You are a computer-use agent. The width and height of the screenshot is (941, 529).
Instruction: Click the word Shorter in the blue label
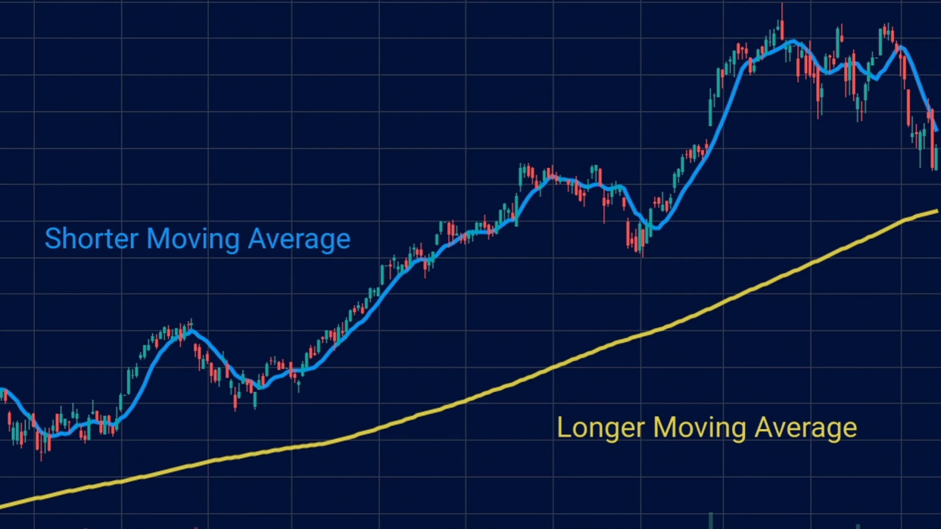point(92,239)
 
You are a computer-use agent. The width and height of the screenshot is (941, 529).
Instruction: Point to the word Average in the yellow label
point(806,428)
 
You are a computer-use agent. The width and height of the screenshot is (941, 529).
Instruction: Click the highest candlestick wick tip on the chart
point(782,5)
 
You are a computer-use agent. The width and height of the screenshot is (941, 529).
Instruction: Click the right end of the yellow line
point(937,211)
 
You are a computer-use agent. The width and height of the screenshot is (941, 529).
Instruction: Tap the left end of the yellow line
point(2,506)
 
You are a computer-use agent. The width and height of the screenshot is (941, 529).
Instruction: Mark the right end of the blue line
point(937,130)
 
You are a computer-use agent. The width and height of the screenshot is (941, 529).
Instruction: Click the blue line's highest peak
point(792,41)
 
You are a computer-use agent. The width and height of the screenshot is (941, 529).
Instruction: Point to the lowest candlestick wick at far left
point(42,459)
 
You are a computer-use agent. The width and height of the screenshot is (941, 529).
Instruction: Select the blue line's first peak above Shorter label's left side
point(189,331)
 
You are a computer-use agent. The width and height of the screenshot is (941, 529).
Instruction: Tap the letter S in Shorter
point(53,239)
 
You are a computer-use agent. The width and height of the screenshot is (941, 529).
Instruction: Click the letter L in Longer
point(564,428)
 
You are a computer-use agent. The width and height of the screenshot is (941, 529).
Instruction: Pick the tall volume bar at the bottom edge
point(710,521)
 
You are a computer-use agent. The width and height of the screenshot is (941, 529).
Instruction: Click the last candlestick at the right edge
point(936,157)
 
